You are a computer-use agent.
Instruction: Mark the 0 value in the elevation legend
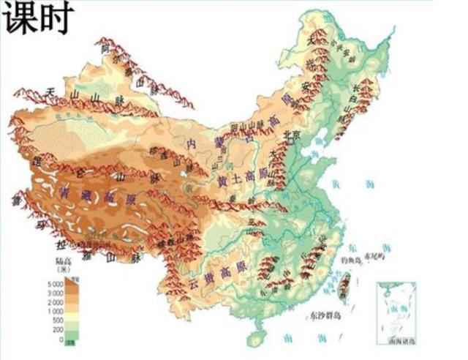pyautogui.click(x=60, y=339)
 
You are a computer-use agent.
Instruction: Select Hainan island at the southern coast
pyautogui.click(x=255, y=339)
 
